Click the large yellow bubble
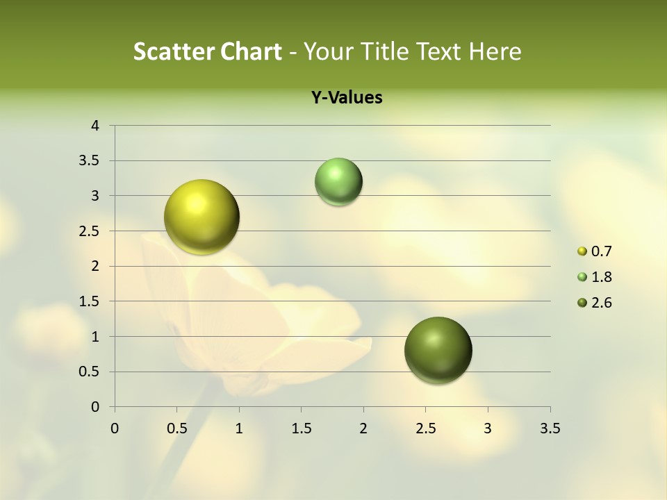(x=202, y=217)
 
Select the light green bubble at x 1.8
(x=338, y=181)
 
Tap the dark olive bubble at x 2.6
(x=438, y=350)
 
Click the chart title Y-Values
(x=347, y=98)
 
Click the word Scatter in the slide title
(x=174, y=51)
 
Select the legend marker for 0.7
(x=582, y=251)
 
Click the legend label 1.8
(x=602, y=277)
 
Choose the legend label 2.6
(x=602, y=303)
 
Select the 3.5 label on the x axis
(x=550, y=428)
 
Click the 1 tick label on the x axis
(x=239, y=428)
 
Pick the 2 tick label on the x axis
(x=363, y=428)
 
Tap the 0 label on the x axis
(x=115, y=428)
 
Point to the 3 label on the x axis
(x=488, y=428)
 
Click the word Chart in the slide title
(x=251, y=51)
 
